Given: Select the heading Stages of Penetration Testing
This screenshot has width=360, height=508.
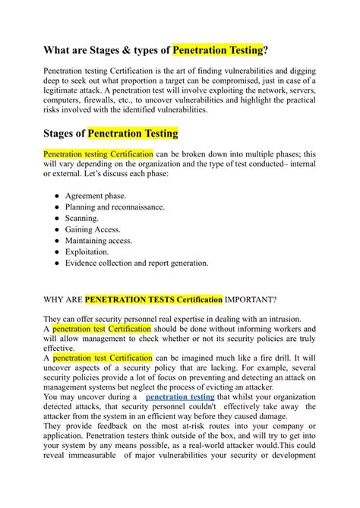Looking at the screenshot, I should [110, 134].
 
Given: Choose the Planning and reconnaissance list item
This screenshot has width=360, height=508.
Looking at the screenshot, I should [115, 207].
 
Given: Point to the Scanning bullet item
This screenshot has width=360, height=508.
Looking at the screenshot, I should [87, 218].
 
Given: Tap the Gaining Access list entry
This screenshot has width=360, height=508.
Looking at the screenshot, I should [96, 229].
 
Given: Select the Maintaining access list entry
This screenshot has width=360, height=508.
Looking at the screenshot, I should [99, 241].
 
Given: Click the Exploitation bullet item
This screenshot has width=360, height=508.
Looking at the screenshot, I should [92, 252].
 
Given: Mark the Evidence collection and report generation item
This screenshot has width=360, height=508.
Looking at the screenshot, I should [137, 263].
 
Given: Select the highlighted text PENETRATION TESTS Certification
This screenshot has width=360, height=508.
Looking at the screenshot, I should [153, 299].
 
